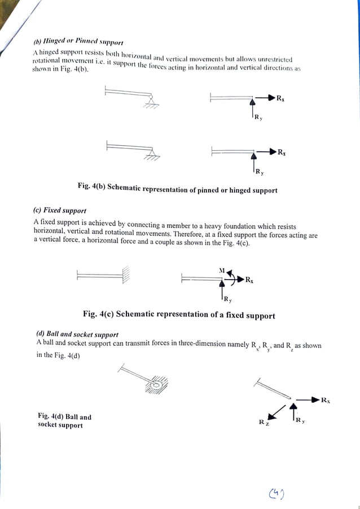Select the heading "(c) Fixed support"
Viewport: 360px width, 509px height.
(60, 210)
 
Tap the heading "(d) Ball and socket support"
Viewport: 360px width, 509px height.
(77, 334)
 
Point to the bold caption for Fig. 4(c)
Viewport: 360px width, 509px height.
(179, 315)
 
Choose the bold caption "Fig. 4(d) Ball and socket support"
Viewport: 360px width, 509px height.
(64, 421)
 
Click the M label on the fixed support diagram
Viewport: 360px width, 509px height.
(222, 270)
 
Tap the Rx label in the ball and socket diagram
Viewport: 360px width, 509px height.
(326, 401)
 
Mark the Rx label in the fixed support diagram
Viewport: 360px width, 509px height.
(249, 280)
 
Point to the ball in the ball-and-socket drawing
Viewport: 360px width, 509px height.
(154, 386)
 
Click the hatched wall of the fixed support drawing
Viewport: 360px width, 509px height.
(126, 275)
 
